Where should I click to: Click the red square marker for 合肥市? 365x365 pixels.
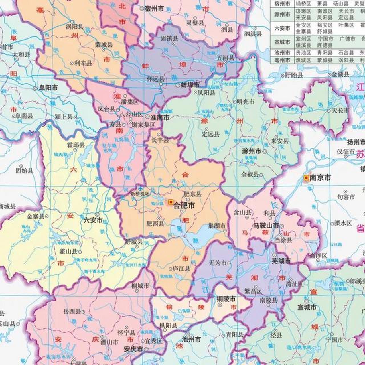click(171, 202)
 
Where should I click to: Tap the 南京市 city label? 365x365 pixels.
click(320, 178)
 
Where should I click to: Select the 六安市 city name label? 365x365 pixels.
click(93, 220)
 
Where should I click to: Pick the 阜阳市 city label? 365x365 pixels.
click(48, 88)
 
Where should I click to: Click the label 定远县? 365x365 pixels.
click(210, 134)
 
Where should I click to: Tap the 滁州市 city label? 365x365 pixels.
click(251, 151)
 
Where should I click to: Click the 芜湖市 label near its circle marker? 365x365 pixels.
click(281, 261)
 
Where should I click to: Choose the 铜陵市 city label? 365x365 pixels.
click(226, 299)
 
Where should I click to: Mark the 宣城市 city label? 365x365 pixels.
click(307, 307)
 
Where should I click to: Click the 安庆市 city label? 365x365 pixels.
click(133, 349)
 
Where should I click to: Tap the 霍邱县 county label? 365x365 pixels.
click(76, 145)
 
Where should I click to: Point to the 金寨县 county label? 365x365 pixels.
click(36, 216)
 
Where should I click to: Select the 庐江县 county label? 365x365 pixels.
click(181, 269)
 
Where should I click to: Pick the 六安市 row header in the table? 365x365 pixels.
click(282, 28)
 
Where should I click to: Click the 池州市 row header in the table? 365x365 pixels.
click(282, 53)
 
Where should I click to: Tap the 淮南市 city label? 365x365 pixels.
click(160, 117)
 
